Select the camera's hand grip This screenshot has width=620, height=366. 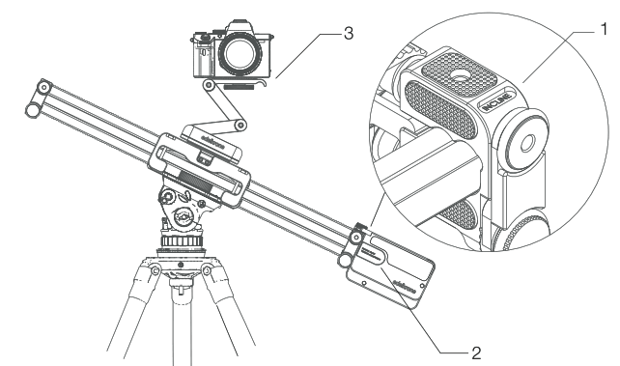pyautogui.click(x=203, y=58)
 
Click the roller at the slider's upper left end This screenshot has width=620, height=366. pyautogui.click(x=39, y=92)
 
